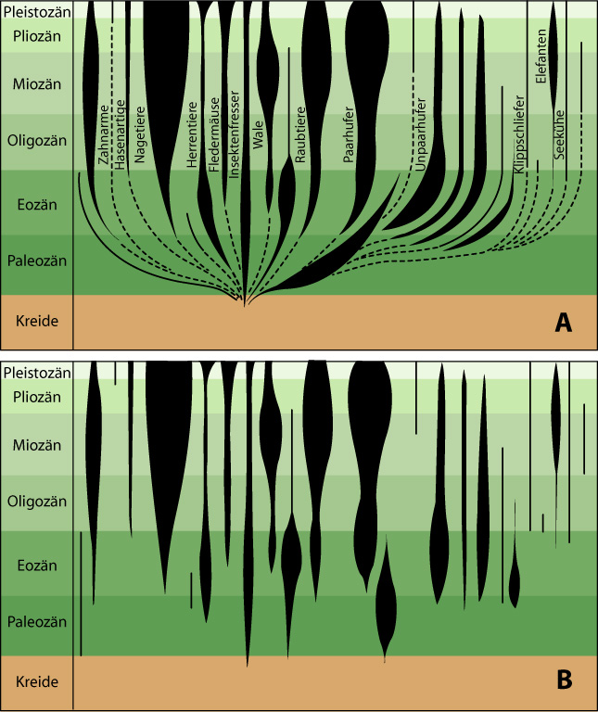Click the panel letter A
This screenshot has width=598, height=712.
click(564, 323)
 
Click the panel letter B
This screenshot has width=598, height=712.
click(564, 680)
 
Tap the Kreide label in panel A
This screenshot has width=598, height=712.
click(37, 321)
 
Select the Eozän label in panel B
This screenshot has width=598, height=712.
click(37, 566)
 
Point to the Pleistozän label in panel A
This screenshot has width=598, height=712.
click(37, 11)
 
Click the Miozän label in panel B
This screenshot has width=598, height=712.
click(37, 445)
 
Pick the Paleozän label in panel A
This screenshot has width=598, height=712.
click(37, 261)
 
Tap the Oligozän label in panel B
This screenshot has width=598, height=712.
click(37, 502)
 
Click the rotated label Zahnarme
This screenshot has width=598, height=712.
click(104, 134)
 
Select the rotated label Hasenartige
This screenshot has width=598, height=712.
click(120, 134)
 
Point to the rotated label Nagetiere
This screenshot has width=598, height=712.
click(139, 134)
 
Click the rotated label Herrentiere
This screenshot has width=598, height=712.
click(192, 134)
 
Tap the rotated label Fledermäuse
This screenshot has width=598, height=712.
click(214, 134)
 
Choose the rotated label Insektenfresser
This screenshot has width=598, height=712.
click(234, 134)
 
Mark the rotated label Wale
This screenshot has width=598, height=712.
click(258, 134)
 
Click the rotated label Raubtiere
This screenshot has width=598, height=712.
click(300, 134)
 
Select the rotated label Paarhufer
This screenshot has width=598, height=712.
click(349, 134)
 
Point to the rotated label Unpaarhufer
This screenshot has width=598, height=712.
click(421, 134)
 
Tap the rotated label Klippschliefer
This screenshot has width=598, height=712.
click(519, 134)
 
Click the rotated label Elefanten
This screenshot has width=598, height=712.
click(541, 57)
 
